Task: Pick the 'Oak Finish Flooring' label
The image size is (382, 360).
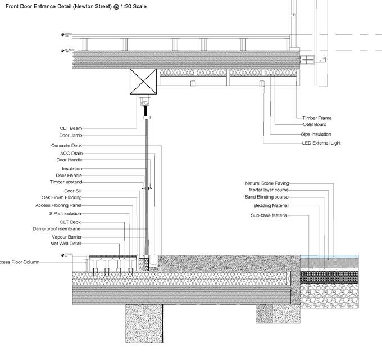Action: pos(61,198)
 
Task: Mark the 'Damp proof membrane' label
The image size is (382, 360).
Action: pos(57,229)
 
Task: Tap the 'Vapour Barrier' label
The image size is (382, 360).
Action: pos(67,237)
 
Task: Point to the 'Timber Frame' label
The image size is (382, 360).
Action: pos(317,119)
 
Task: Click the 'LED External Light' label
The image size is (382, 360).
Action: pos(321,143)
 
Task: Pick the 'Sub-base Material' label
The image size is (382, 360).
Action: pos(269,215)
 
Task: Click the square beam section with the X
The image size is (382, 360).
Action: pos(144,82)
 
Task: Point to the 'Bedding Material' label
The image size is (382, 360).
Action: pos(271,206)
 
